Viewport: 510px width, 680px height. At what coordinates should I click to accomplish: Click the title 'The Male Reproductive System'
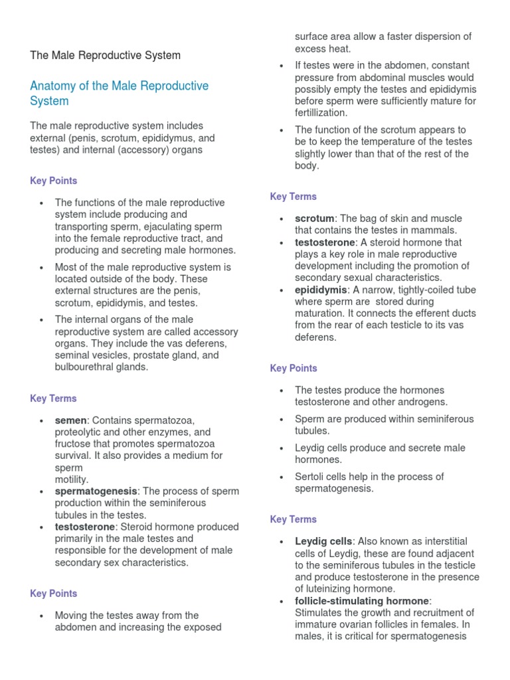tap(105, 55)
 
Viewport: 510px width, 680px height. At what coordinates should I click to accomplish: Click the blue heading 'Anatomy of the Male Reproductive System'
tap(119, 94)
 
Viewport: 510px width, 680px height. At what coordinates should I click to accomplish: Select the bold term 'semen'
tap(71, 420)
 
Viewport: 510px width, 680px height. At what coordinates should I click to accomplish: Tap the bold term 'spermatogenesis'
tap(96, 491)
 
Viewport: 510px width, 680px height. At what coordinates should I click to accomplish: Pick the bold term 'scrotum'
tap(315, 218)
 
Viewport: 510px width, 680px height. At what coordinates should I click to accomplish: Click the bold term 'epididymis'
tap(321, 290)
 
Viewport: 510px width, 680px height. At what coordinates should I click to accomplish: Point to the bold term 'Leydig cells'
tap(324, 542)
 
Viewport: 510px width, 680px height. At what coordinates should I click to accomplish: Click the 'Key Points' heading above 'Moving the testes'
tap(54, 594)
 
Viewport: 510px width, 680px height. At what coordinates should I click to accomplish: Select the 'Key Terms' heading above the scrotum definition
tap(294, 197)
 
